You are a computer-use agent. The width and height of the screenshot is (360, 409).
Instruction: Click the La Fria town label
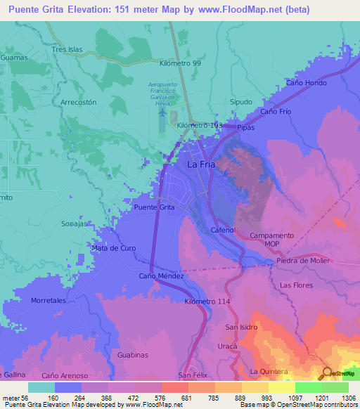click(x=201, y=164)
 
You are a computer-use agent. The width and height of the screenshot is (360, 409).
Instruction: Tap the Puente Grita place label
click(x=154, y=207)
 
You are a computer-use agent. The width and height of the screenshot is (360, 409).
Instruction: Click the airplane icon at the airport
click(x=164, y=110)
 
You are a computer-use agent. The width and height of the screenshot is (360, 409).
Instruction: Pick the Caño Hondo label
click(x=306, y=83)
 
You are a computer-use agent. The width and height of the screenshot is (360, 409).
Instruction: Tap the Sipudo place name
click(x=241, y=102)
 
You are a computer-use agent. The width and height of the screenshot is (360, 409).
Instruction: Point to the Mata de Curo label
click(x=113, y=248)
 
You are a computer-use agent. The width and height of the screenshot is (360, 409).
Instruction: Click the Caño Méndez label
click(x=161, y=275)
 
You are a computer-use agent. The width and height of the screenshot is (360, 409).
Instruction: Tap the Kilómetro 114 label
click(x=207, y=301)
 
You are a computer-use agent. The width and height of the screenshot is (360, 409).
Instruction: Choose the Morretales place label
click(x=48, y=300)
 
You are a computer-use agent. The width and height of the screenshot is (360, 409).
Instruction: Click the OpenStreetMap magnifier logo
click(x=327, y=372)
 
